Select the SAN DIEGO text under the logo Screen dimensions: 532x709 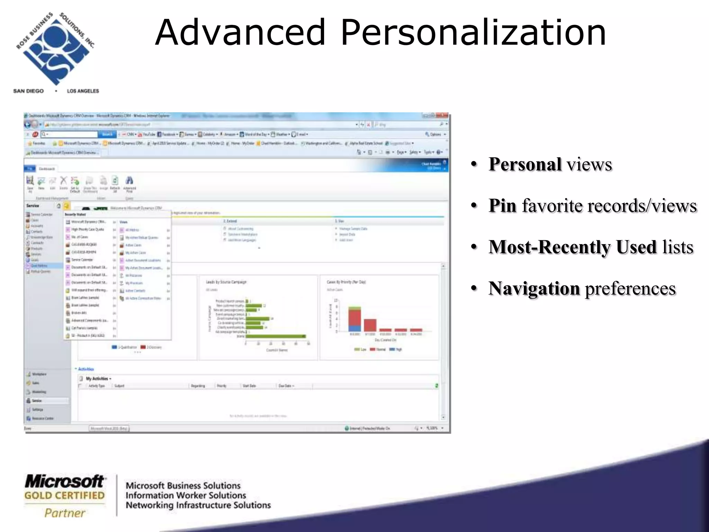[x=28, y=91]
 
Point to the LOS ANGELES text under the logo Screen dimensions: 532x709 [x=83, y=91]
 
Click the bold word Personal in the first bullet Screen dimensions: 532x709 [x=525, y=164]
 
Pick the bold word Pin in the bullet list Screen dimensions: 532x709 [x=502, y=205]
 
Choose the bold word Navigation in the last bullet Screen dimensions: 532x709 [x=534, y=288]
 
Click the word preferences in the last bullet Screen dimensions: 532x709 [x=630, y=289]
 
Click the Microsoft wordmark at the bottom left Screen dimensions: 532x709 [x=64, y=481]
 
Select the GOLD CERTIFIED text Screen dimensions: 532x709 [x=64, y=496]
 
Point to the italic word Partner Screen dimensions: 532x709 [x=65, y=513]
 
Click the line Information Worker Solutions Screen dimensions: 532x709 [x=186, y=495]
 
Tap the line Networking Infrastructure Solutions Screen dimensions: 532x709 [x=198, y=505]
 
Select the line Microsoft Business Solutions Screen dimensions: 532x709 [x=183, y=486]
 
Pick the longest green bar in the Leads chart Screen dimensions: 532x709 [x=276, y=336]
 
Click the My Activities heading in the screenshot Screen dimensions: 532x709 [x=97, y=379]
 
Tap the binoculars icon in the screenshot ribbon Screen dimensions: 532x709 [x=129, y=180]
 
